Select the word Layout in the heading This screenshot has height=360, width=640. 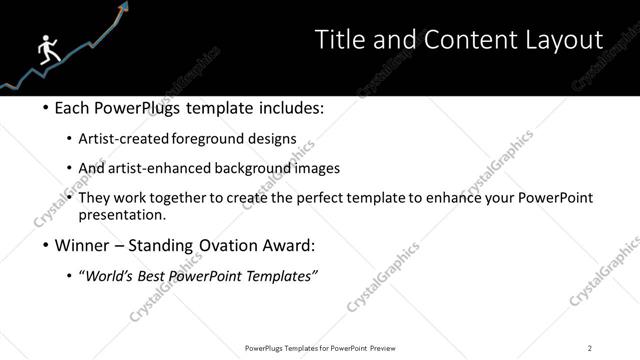pos(562,40)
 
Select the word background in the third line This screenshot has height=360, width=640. pos(254,168)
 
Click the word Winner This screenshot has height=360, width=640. pos(83,245)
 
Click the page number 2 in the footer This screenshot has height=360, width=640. pos(590,348)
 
